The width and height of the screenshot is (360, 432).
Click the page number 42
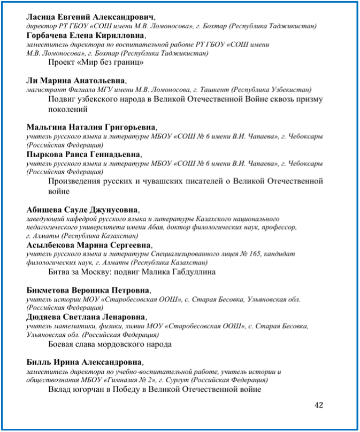[x=319, y=405]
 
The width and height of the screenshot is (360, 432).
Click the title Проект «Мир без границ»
[x=96, y=63]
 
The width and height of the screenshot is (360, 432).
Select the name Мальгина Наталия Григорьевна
[x=91, y=127]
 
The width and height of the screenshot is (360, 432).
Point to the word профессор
[x=279, y=227]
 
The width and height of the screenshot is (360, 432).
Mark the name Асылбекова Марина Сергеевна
[x=89, y=245]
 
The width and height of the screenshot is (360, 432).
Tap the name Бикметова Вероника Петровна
[x=88, y=290]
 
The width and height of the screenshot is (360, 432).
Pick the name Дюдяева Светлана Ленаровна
[x=86, y=317]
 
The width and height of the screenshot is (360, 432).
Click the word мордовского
[x=114, y=344]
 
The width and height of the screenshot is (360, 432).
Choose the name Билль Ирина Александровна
[x=85, y=362]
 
